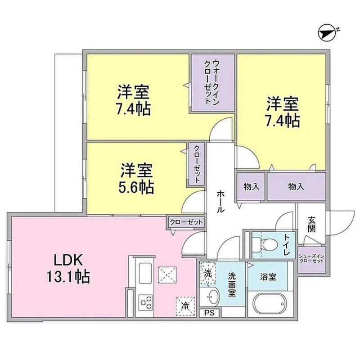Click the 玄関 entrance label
[311, 224]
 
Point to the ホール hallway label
[220, 201]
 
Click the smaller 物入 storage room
[251, 186]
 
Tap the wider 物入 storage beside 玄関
[296, 186]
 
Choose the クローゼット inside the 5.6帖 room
[197, 164]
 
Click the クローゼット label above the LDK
[187, 221]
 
